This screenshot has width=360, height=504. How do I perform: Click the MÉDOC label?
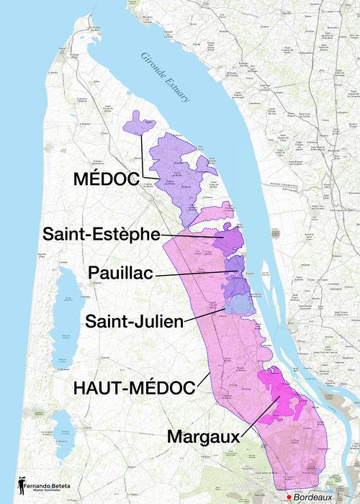106,179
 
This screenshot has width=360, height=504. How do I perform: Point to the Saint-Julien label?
135,321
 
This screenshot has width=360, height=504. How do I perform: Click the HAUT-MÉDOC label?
135,388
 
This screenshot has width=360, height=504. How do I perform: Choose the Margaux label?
203,436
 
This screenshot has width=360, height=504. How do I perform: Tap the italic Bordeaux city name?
313,498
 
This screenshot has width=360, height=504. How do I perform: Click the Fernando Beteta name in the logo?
45,487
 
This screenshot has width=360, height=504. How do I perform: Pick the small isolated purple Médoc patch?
138,124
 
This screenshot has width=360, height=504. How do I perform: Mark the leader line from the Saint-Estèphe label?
191,235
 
